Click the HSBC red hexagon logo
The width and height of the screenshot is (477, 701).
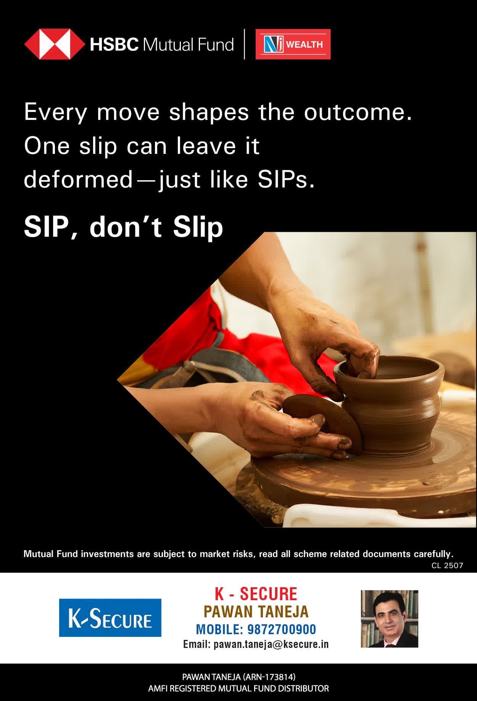(55, 44)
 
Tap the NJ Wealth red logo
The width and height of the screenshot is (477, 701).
(293, 44)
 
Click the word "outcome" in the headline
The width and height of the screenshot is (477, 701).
(358, 112)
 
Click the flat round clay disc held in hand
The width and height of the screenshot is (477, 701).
(322, 422)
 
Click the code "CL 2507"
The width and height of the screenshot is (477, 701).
(447, 565)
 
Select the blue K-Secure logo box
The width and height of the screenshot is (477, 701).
(110, 618)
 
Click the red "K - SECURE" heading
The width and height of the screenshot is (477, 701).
(256, 594)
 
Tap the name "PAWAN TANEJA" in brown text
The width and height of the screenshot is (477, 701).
(256, 612)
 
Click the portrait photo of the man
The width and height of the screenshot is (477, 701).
(390, 619)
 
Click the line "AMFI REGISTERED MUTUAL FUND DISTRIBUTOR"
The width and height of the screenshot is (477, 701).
(238, 689)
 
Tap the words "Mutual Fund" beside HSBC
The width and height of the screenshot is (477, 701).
(188, 45)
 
